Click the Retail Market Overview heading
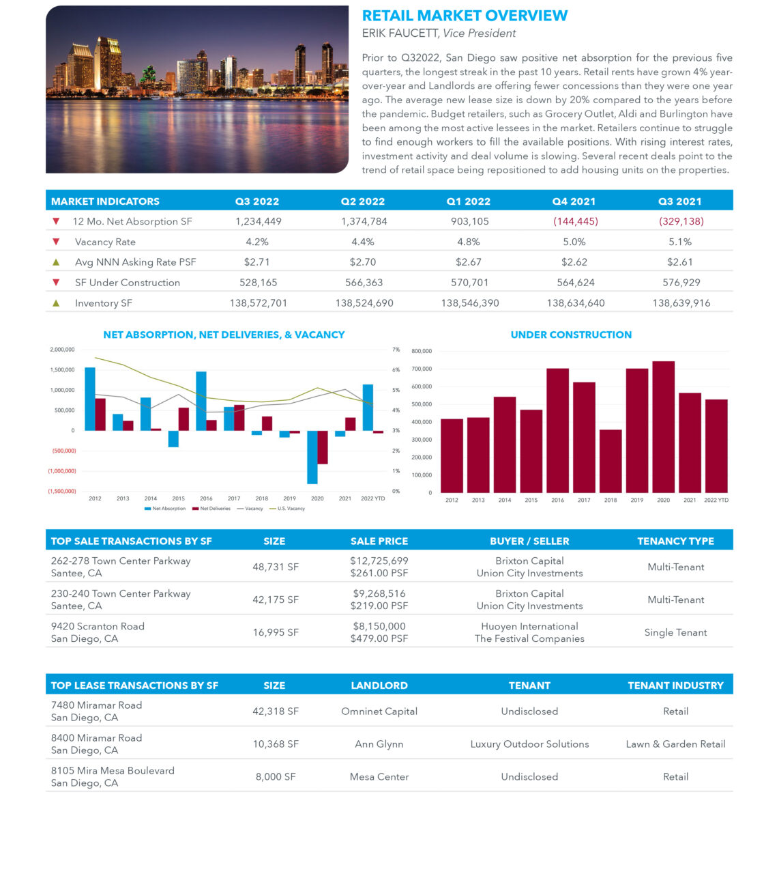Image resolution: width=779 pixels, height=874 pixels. [464, 16]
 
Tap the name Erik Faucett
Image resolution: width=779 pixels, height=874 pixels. [400, 33]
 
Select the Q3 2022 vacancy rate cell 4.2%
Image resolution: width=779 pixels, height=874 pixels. [257, 242]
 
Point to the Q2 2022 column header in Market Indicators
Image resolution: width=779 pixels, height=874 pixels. [362, 201]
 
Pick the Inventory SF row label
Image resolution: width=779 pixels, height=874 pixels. [104, 303]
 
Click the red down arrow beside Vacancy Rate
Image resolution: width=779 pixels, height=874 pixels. [56, 242]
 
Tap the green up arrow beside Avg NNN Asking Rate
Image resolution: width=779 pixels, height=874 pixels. [56, 262]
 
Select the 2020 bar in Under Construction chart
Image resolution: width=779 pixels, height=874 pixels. [663, 427]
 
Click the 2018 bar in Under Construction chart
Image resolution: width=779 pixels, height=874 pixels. [611, 461]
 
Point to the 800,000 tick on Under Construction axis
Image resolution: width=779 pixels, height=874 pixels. [422, 351]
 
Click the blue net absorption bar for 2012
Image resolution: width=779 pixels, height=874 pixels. [90, 399]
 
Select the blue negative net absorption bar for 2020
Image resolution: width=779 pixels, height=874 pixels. [312, 457]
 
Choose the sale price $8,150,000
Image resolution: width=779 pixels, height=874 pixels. [379, 626]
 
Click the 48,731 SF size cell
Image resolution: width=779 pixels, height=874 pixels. [276, 567]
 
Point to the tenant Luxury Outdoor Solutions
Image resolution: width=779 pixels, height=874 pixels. [529, 744]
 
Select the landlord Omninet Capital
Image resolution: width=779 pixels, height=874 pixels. [379, 711]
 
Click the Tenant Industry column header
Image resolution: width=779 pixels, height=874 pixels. [675, 686]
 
